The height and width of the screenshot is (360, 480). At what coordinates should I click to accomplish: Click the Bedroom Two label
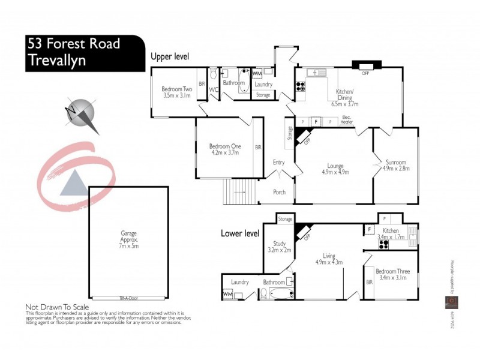click(x=176, y=89)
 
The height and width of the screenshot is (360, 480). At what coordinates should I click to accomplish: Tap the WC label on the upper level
click(x=214, y=91)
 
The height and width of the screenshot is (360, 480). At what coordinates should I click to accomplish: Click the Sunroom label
click(x=395, y=162)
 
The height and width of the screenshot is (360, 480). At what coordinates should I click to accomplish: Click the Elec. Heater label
click(x=346, y=119)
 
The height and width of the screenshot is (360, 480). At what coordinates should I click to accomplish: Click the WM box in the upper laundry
click(x=257, y=73)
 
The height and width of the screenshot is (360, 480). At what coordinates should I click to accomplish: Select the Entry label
click(x=278, y=162)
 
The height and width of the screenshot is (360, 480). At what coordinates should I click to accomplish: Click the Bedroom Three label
click(x=394, y=271)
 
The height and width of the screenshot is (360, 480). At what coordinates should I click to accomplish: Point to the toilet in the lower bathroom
click(x=263, y=293)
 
